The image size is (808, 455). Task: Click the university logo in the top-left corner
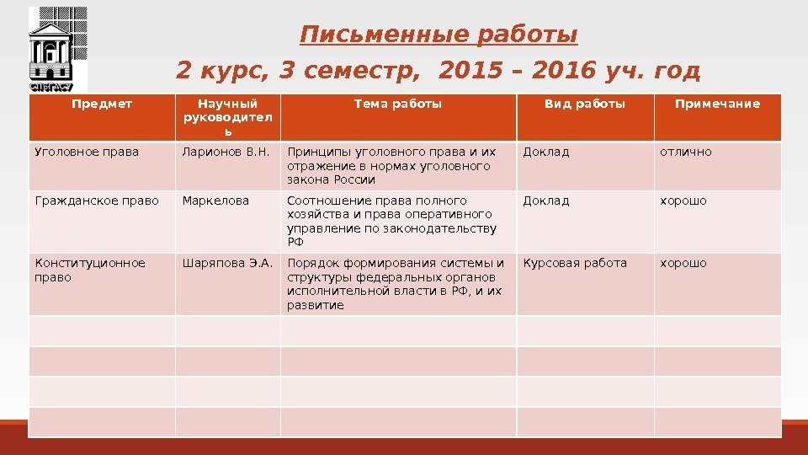[57, 50]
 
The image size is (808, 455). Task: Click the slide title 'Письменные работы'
[439, 36]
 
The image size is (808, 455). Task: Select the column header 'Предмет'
[102, 104]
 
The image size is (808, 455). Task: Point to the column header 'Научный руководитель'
[228, 118]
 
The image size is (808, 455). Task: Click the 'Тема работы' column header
[398, 104]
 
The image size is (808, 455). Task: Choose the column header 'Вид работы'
[585, 104]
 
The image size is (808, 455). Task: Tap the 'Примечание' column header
[717, 104]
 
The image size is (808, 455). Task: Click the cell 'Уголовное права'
[87, 153]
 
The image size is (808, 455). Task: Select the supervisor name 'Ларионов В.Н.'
[226, 153]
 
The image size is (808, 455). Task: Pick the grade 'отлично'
[685, 153]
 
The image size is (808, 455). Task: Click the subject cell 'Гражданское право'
[96, 201]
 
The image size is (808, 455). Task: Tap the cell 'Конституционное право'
[89, 270]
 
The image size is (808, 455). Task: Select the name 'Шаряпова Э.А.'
[228, 263]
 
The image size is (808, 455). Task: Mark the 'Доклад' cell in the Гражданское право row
[546, 201]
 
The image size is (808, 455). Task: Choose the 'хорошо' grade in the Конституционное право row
[683, 263]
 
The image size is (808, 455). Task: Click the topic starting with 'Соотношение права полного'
[392, 221]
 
